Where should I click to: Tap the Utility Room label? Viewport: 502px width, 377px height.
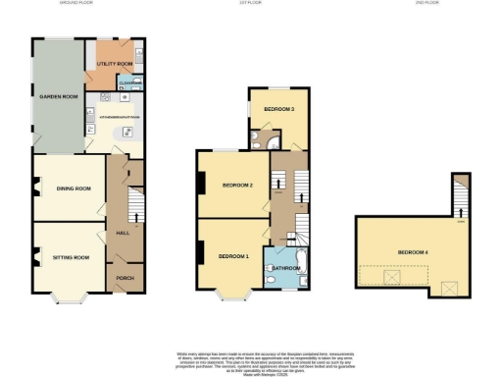click(x=115, y=64)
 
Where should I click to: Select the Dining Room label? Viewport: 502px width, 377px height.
click(x=74, y=188)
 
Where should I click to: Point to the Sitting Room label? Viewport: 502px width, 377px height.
click(x=71, y=257)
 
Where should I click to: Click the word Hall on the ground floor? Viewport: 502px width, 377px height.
click(x=124, y=233)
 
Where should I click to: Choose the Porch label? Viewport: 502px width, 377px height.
click(x=125, y=277)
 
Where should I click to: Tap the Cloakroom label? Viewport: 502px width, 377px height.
click(x=130, y=82)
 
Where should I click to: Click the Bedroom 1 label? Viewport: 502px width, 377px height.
click(x=233, y=256)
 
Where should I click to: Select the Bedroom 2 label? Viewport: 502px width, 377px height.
click(x=237, y=186)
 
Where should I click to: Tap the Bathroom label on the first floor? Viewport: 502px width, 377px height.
click(x=286, y=268)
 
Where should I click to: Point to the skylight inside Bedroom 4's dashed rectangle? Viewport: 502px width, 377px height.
click(x=390, y=278)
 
